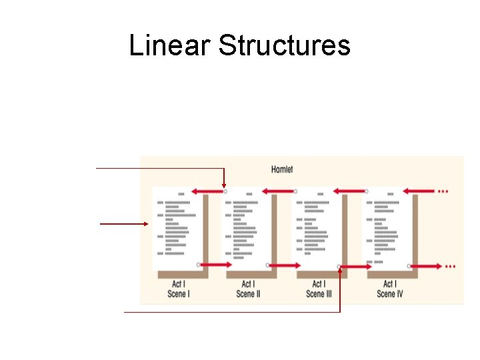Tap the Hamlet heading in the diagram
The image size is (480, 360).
[282, 169]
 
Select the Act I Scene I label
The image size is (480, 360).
[177, 289]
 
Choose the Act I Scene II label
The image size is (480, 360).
[248, 289]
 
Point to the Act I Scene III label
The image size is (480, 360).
[319, 289]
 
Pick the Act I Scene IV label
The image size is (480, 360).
[390, 289]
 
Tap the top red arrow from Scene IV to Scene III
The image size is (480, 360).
[351, 191]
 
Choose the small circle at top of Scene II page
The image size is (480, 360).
[225, 191]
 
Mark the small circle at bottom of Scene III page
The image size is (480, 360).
[339, 266]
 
